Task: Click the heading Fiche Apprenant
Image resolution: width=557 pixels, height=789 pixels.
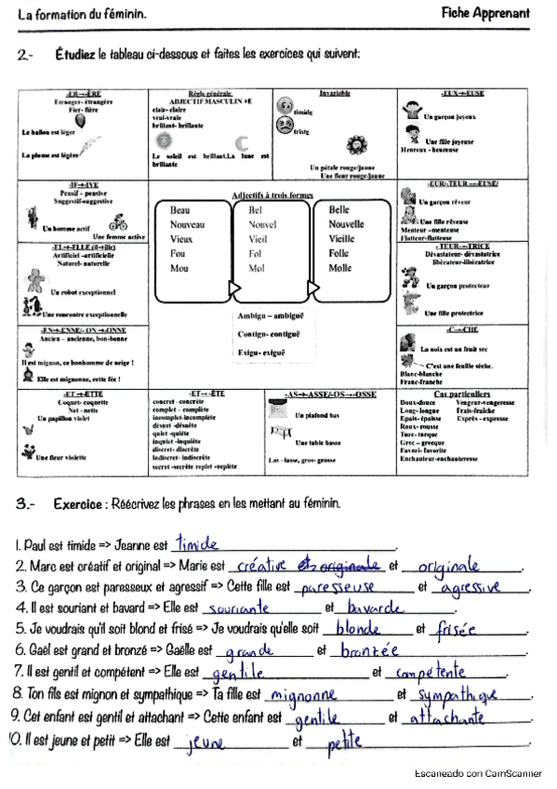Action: [485, 13]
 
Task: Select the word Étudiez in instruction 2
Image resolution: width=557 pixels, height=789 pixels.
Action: [73, 55]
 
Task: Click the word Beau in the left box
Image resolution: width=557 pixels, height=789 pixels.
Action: [180, 210]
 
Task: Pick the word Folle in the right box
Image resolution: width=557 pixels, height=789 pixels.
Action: [339, 253]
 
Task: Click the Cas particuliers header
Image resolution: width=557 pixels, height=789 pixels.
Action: [461, 394]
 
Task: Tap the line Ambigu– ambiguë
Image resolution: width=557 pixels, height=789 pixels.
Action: [269, 316]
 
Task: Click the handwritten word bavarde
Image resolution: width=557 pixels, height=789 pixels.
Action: [369, 608]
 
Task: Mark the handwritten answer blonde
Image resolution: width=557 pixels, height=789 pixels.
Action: [356, 628]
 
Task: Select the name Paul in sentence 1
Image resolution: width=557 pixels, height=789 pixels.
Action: [34, 544]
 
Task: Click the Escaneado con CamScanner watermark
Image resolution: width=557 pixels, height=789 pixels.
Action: [484, 773]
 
